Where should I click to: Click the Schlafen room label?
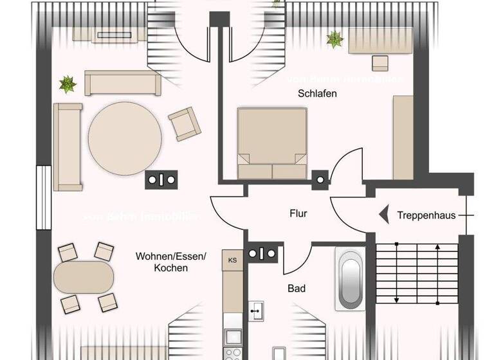[317, 93]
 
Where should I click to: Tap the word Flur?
[297, 213]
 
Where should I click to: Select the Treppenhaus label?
[426, 215]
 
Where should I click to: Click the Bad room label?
[296, 289]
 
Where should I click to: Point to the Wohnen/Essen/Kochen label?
[170, 262]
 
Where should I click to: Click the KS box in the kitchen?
[232, 259]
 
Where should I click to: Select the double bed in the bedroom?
[271, 143]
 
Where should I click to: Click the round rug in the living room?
[125, 138]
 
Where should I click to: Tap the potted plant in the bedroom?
[334, 39]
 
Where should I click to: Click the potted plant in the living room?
[67, 84]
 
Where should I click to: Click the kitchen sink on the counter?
[257, 310]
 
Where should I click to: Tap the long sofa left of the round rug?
[68, 147]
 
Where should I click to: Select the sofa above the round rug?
[122, 82]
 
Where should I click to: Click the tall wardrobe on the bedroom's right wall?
[403, 138]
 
